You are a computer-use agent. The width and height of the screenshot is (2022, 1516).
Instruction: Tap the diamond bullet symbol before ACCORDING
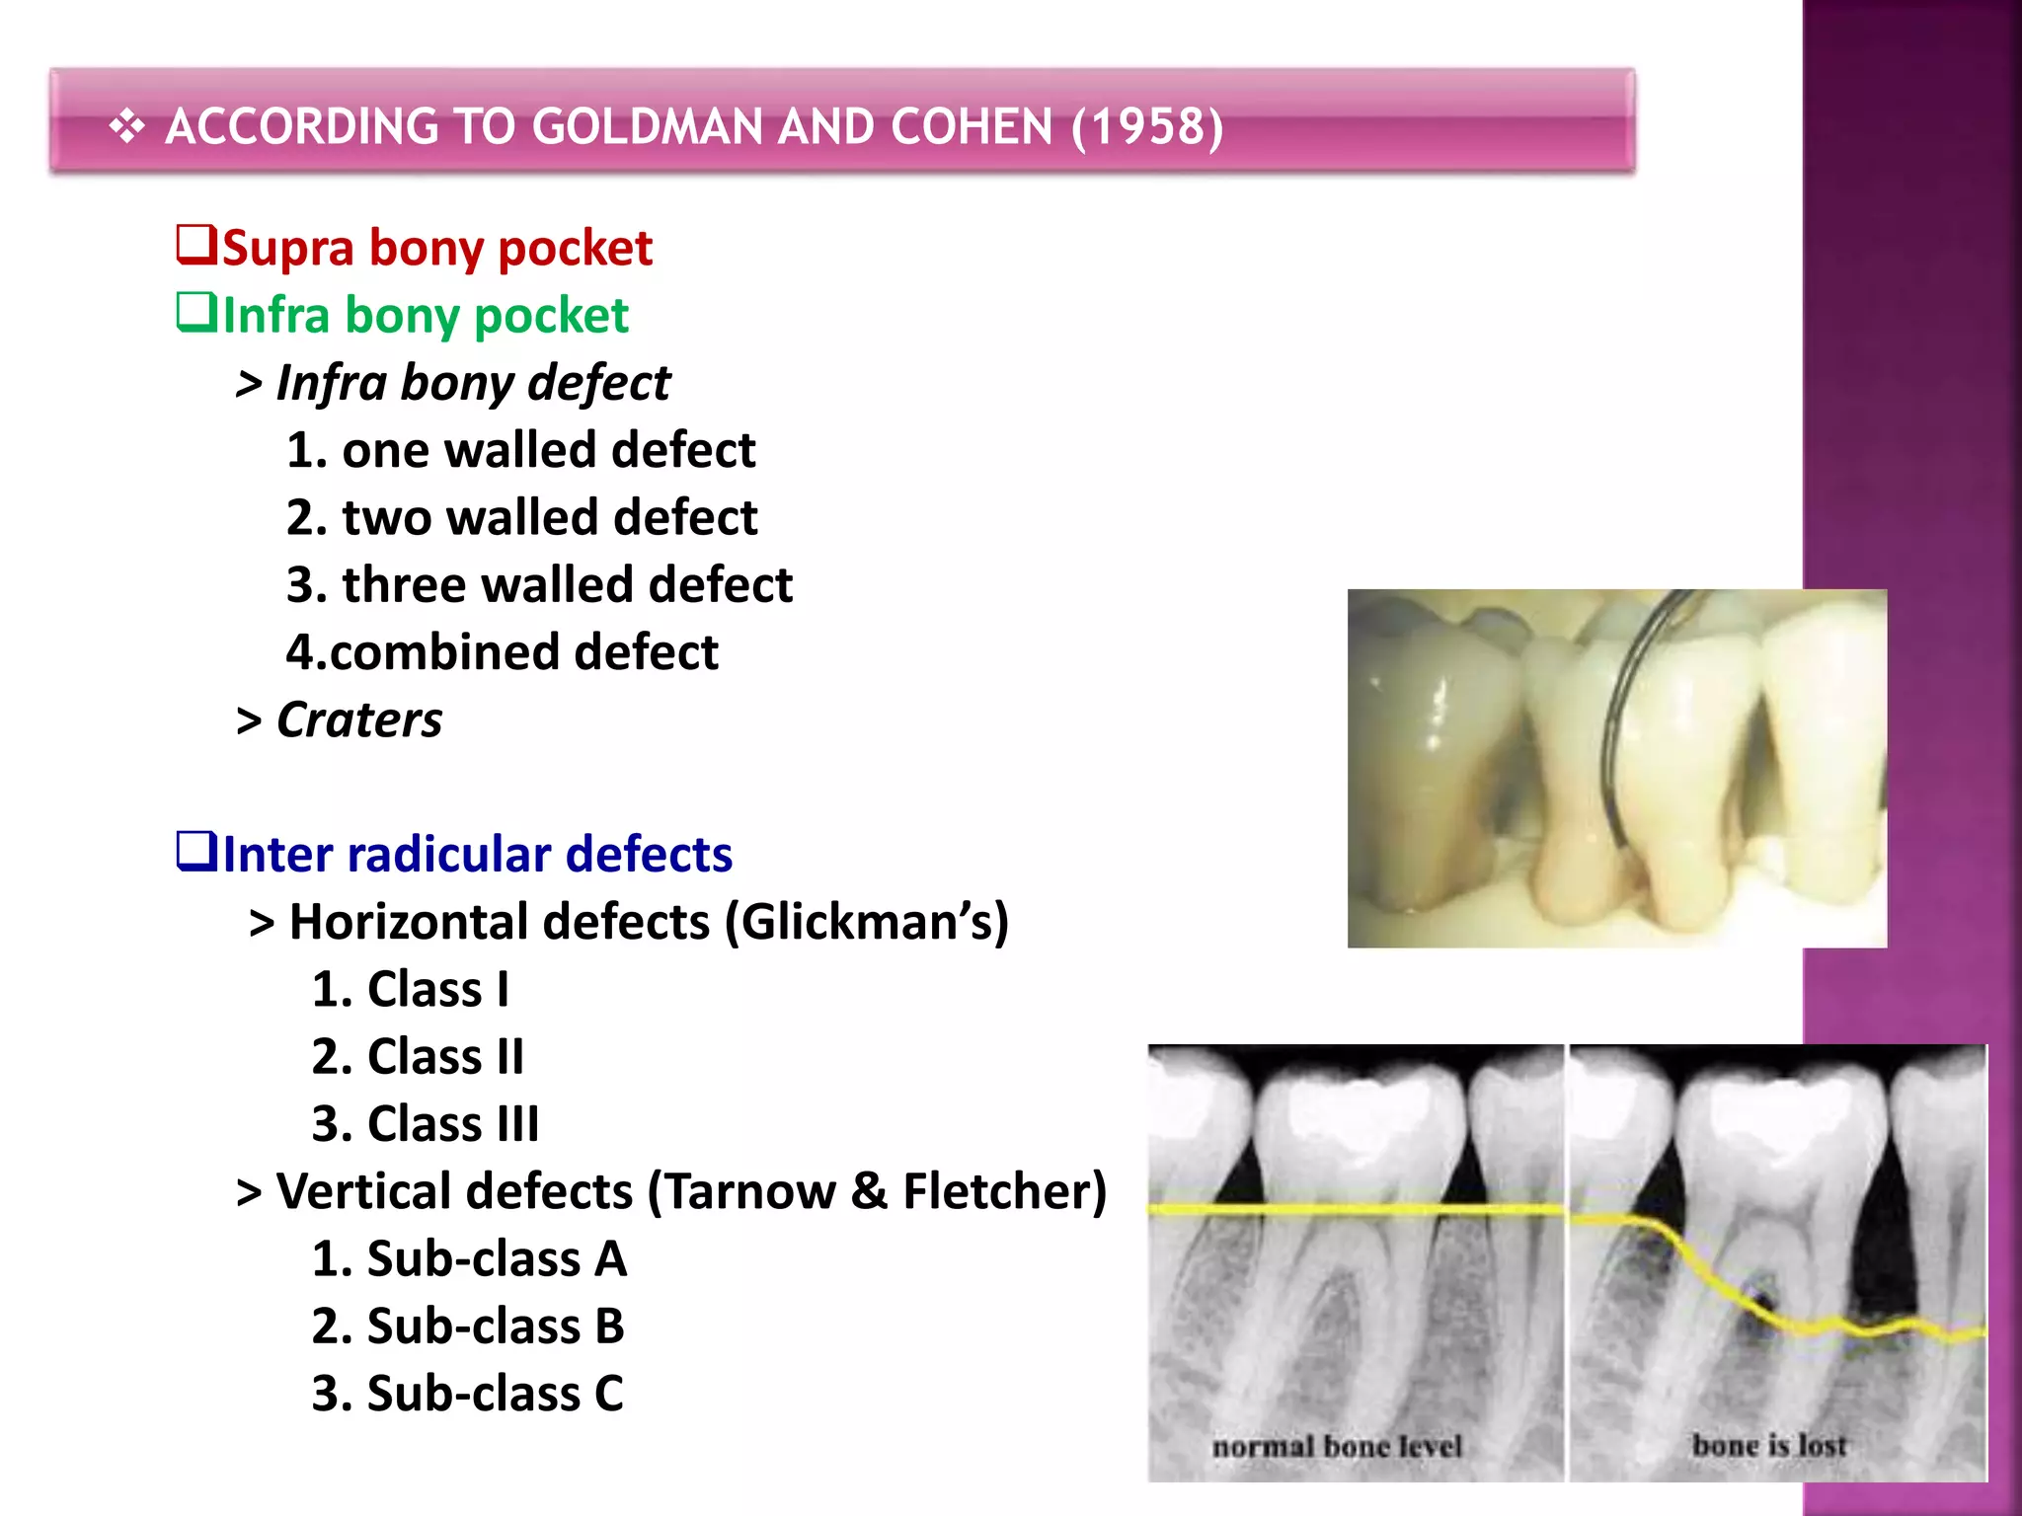(126, 127)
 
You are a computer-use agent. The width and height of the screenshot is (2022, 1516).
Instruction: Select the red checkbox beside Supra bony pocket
(195, 245)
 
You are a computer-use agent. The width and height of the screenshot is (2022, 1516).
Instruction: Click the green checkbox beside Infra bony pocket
(195, 313)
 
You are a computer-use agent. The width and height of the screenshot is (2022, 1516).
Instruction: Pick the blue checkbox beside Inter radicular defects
(195, 851)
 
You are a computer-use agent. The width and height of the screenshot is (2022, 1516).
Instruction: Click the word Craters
(359, 720)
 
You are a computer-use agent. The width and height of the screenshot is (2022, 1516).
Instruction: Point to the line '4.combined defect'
(502, 652)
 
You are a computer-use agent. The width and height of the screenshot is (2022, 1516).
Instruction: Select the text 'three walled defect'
(567, 584)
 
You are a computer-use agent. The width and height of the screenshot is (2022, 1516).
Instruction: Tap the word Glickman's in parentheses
(866, 922)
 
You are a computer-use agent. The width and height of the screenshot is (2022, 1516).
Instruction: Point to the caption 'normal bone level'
(1336, 1446)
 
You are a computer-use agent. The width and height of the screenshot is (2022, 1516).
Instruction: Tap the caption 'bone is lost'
(1768, 1445)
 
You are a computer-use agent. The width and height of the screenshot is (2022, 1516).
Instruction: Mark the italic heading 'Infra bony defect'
(472, 383)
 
